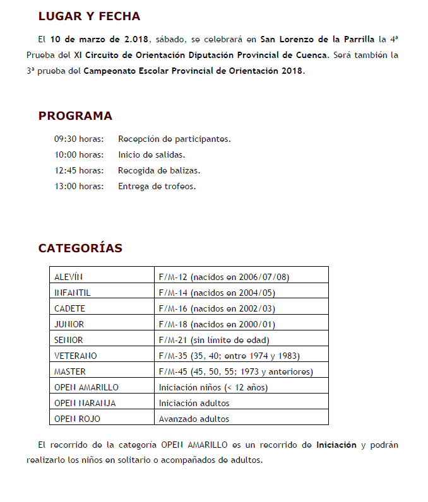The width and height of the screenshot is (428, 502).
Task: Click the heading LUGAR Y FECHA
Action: coord(89,16)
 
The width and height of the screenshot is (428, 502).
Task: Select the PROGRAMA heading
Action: coord(75,116)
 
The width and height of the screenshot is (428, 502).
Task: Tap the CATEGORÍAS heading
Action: coord(80,248)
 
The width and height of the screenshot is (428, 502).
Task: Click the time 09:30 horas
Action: coord(78,139)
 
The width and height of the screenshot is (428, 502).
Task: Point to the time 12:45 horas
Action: coord(78,170)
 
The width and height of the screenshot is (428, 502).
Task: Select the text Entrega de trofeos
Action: coord(157,186)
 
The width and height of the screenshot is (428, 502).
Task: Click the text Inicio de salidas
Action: coord(152,155)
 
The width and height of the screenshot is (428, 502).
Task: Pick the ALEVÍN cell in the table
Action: coord(69,277)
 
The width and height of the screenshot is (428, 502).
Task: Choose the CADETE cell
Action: coord(69,308)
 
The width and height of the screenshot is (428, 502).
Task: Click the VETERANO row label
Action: coord(76,356)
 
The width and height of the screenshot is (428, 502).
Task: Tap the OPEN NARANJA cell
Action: coord(85,403)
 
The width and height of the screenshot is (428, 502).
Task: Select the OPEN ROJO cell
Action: coord(77,419)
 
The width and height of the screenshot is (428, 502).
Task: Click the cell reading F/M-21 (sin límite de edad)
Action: coord(214,340)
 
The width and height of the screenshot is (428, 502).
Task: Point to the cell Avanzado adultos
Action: coord(194,419)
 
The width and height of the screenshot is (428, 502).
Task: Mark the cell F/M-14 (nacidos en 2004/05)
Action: coord(217,293)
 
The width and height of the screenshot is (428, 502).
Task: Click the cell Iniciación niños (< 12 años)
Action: coord(213,387)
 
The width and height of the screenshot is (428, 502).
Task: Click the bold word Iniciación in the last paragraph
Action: coord(336,445)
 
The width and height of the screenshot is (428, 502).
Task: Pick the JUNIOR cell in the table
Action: coord(69,324)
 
